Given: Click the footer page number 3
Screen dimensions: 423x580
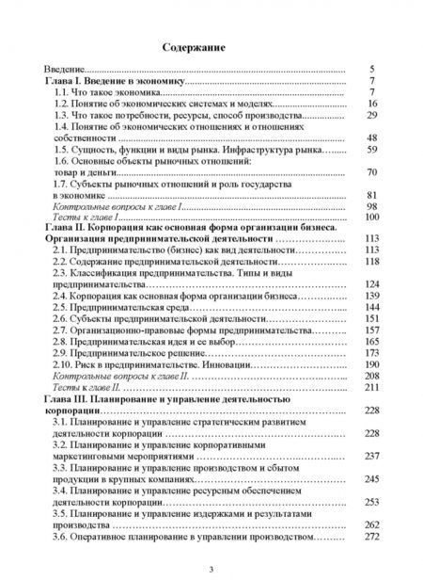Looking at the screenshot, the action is click(211, 563).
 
